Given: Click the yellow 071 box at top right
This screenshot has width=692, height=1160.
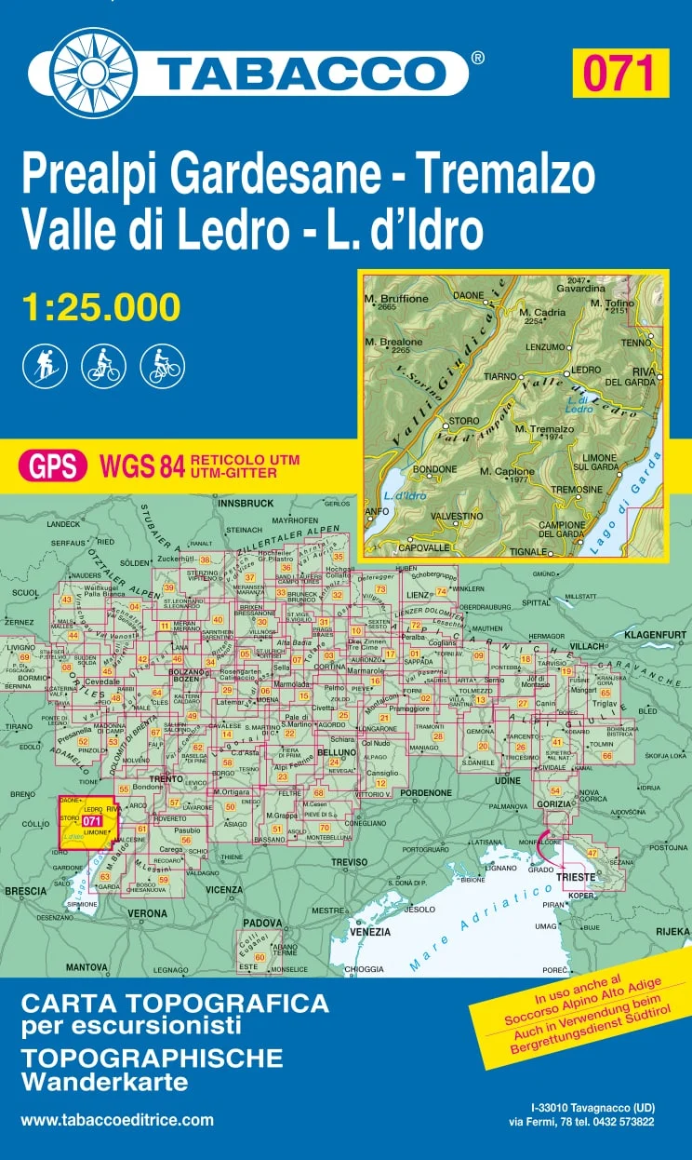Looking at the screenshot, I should click(621, 73).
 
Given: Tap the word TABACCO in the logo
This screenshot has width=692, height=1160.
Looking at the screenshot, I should click(299, 73).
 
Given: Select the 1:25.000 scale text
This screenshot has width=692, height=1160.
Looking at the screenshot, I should click(100, 306).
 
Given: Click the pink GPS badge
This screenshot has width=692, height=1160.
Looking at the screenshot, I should click(53, 465).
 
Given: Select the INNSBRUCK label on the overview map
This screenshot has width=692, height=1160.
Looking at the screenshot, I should click(246, 503).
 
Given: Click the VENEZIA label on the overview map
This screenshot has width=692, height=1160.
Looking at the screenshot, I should click(370, 931).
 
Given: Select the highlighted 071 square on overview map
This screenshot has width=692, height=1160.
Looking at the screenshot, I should click(89, 820).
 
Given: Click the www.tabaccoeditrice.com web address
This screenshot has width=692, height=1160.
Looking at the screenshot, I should click(117, 1120).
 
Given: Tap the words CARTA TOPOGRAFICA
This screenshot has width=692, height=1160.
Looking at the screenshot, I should click(175, 1005).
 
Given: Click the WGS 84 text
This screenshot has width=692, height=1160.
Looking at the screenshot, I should click(140, 465).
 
